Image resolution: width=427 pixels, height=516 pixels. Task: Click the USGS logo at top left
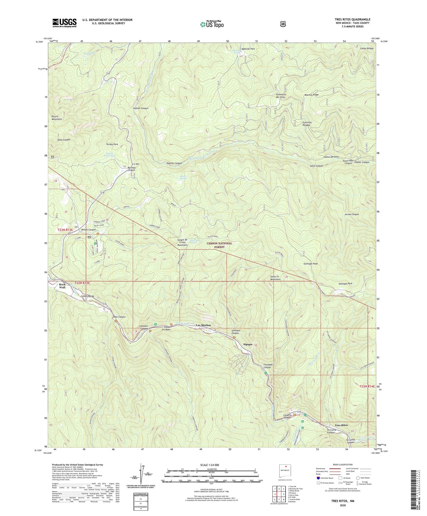click(64, 23)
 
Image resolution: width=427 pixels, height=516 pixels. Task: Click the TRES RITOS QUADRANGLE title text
click(352, 20)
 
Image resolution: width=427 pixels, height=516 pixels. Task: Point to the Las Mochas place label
click(204, 325)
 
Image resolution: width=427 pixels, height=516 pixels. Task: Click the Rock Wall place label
click(62, 286)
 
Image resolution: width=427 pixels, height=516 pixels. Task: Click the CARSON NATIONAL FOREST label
click(219, 245)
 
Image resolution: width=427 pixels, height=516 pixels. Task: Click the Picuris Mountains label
click(57, 118)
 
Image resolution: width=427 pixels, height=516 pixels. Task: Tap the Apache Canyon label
click(174, 163)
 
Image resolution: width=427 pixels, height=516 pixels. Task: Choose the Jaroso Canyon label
click(351, 214)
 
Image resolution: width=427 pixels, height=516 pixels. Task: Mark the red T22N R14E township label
click(367, 386)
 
